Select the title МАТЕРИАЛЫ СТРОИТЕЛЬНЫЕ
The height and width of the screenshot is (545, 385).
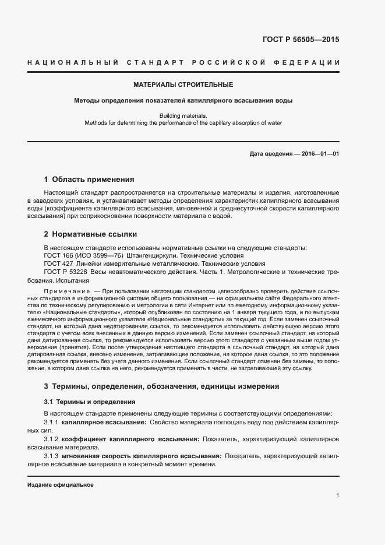pyautogui.click(x=183, y=85)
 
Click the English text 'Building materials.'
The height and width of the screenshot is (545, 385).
pyautogui.click(x=183, y=115)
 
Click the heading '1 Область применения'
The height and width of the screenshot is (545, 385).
pyautogui.click(x=89, y=180)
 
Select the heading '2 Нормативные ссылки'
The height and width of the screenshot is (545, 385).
pyautogui.click(x=90, y=234)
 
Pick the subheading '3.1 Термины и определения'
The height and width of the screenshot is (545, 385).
pyautogui.click(x=90, y=402)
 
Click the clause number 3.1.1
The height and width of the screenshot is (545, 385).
pyautogui.click(x=52, y=421)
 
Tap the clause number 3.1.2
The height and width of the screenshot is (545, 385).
pyautogui.click(x=52, y=438)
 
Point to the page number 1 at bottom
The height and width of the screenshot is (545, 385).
pyautogui.click(x=337, y=495)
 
